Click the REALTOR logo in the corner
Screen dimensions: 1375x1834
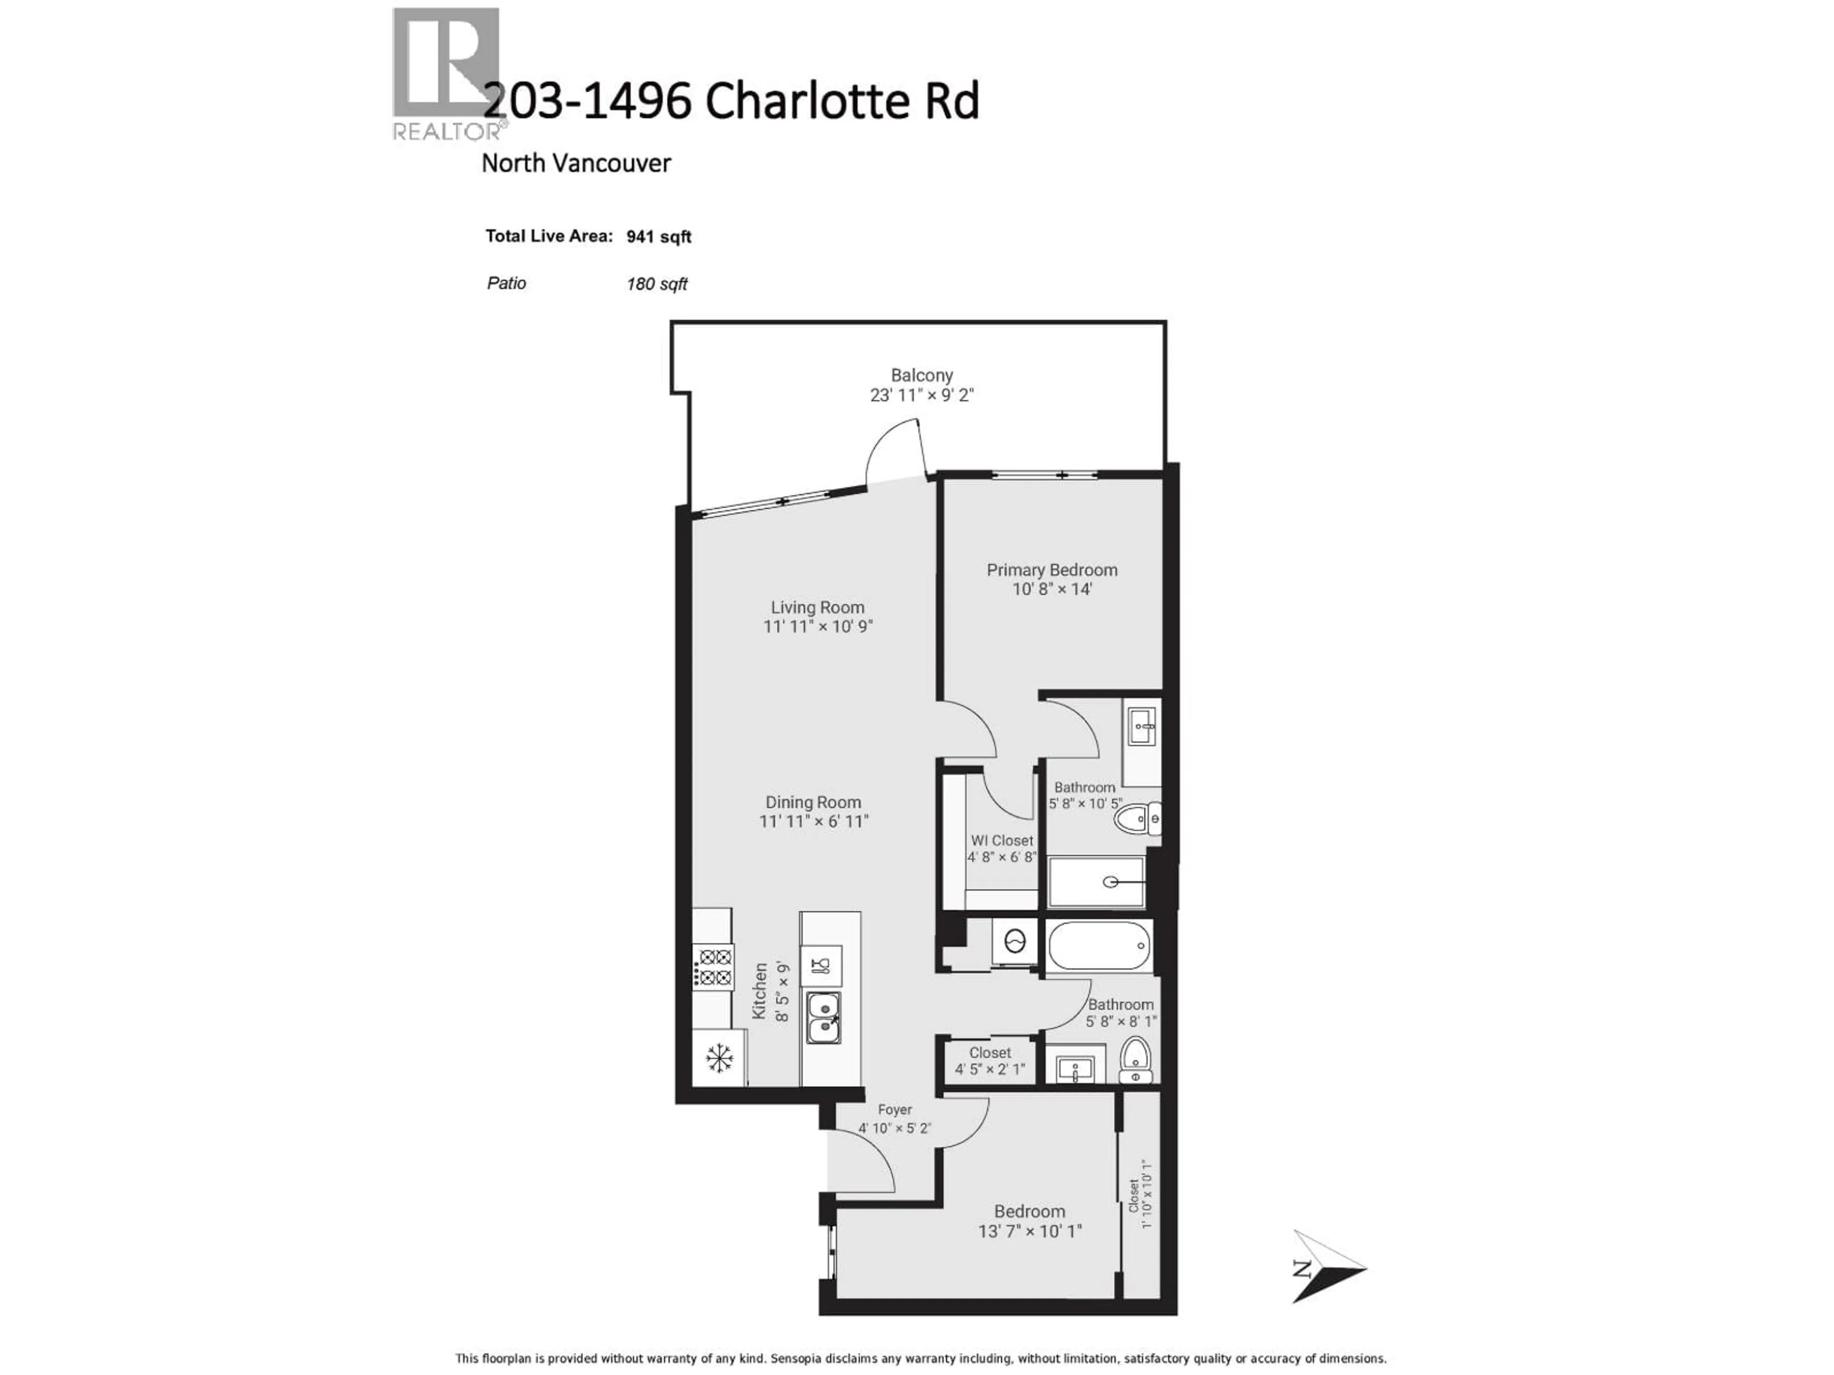tap(448, 73)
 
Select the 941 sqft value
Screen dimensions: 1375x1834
tap(658, 237)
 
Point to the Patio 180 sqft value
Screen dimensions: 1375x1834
tap(657, 284)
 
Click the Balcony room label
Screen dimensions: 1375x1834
tap(921, 375)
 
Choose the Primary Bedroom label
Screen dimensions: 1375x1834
tap(1051, 570)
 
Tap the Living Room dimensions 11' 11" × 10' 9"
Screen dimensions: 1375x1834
tap(818, 626)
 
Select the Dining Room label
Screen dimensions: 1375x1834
tap(812, 802)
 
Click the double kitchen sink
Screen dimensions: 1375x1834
tap(823, 1018)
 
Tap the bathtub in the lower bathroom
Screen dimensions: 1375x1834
tap(1098, 946)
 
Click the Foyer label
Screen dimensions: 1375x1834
tap(895, 1109)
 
